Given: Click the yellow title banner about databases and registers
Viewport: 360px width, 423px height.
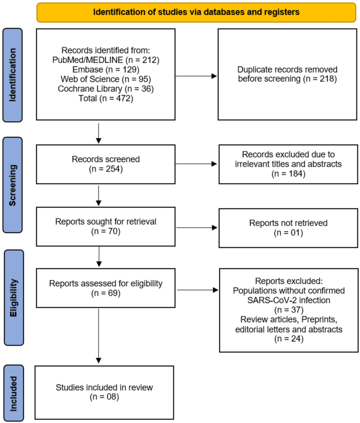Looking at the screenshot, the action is [196, 12].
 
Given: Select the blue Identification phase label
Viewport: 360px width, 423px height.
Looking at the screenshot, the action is [12, 75].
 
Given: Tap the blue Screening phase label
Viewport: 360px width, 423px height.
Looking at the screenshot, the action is [12, 185].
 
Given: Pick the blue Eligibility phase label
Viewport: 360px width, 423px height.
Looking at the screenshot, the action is [14, 298].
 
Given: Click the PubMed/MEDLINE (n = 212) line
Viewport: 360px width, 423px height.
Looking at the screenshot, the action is [106, 60].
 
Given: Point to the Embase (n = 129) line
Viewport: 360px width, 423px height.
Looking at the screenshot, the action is [106, 70].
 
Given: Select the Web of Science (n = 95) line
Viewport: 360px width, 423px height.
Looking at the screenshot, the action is [106, 79].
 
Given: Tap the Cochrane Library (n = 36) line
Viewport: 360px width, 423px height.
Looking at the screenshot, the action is [106, 89].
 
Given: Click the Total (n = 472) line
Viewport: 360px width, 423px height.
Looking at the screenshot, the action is [106, 98].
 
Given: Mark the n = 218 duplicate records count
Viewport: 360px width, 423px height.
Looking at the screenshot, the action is [320, 79].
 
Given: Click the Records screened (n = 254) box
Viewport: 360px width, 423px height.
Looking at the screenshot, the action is [106, 164].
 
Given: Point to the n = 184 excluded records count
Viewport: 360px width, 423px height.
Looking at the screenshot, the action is [288, 174].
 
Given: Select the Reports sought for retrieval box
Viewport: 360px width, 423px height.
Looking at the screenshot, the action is [106, 226].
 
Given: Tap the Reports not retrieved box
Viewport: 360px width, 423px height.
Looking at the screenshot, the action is [288, 228].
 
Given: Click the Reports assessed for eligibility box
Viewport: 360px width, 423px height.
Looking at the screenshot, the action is [106, 288].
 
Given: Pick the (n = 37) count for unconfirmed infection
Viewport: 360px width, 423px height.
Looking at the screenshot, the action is [289, 310].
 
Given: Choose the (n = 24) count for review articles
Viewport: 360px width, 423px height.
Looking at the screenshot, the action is [289, 339].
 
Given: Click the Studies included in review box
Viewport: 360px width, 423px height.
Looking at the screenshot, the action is [104, 393].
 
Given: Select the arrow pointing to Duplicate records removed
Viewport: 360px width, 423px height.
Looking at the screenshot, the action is [196, 76].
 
